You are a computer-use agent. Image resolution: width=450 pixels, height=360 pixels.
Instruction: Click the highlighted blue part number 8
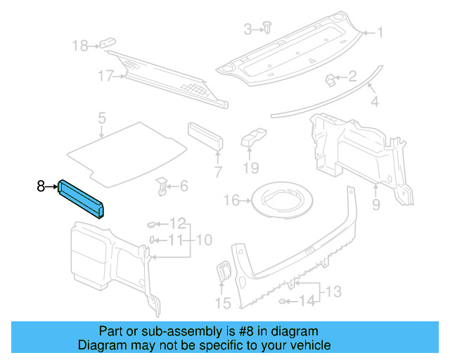(82, 198)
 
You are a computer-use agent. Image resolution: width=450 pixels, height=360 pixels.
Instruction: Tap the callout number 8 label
(41, 186)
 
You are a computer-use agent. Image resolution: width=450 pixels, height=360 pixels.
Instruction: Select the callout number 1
(380, 32)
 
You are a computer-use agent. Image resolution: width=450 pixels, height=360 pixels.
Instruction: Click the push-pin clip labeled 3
(269, 27)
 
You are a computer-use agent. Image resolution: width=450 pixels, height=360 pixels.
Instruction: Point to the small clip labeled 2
(330, 79)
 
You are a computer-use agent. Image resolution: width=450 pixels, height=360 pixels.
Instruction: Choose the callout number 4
(375, 102)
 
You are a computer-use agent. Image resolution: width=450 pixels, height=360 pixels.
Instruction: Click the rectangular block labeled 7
(205, 137)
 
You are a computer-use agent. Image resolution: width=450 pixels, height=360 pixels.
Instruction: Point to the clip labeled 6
(161, 186)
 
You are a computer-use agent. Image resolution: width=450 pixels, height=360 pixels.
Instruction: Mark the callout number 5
(101, 117)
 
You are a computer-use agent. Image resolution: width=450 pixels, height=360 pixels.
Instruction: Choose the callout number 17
(105, 77)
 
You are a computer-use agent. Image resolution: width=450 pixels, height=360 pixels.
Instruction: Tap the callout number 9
(375, 205)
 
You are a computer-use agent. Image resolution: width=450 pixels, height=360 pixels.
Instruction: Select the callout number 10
(204, 240)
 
